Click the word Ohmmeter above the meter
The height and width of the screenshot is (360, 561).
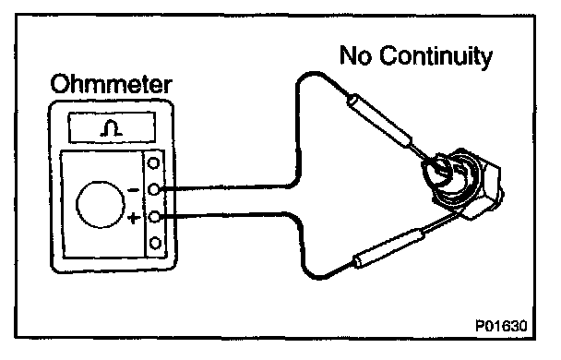tap(112, 84)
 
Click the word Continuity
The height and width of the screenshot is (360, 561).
tap(436, 56)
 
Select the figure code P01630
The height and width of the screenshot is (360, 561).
tap(501, 326)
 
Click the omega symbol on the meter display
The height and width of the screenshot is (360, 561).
tap(112, 128)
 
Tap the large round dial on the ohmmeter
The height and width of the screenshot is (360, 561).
tap(101, 204)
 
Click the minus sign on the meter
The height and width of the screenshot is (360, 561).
tap(134, 190)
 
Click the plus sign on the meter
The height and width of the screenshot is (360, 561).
tap(134, 218)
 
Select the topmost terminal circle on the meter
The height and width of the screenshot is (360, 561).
tap(153, 163)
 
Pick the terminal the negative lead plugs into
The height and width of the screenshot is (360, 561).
tap(154, 189)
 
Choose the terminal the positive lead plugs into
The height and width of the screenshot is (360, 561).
tap(154, 217)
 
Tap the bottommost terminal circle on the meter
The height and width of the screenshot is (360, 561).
tap(155, 243)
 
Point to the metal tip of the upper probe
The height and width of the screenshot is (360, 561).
tap(424, 154)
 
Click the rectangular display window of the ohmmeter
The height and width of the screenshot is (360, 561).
tap(112, 127)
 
